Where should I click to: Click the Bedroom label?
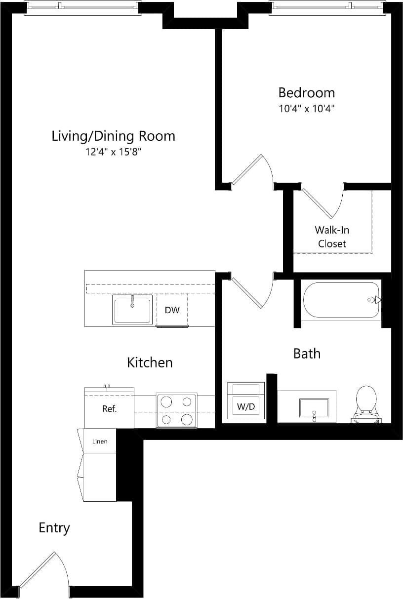point(306,93)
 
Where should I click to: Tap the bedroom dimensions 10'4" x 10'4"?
point(306,109)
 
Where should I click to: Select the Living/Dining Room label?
point(113,136)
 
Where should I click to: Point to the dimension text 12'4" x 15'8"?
point(113,152)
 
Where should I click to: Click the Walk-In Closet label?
point(332,237)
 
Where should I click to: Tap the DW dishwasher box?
point(172,310)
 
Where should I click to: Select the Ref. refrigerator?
point(109,409)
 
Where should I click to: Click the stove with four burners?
point(177,410)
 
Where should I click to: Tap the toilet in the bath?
point(366,402)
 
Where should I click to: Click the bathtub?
point(341,300)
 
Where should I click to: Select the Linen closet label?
point(100,441)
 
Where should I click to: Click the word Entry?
point(54,528)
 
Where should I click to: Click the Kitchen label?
point(150,362)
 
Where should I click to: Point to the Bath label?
point(307,354)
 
